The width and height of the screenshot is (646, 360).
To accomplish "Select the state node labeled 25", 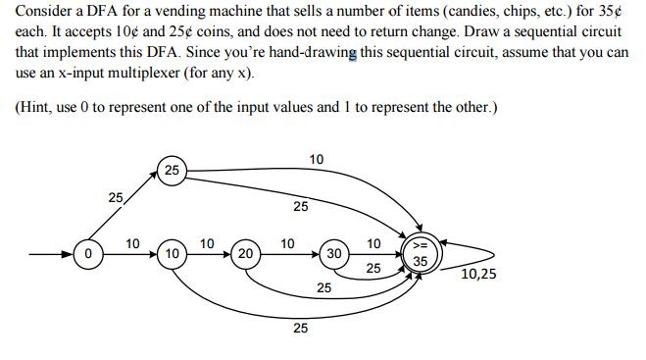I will (x=172, y=171).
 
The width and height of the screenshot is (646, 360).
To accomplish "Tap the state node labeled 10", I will (x=172, y=254).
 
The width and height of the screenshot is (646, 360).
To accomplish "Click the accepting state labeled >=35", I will (x=420, y=254).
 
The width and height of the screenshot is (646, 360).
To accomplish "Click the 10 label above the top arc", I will (x=317, y=159).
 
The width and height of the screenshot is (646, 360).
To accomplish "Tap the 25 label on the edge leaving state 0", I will (x=116, y=198).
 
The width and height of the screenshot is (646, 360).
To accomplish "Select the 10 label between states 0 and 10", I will (x=133, y=242).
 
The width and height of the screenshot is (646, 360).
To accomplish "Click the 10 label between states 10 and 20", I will (x=207, y=242).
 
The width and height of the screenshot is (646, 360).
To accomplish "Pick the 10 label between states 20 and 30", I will (x=287, y=242).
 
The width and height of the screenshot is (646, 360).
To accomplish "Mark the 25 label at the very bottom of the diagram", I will (x=300, y=329).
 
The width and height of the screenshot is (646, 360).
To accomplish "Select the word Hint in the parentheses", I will (x=37, y=106).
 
